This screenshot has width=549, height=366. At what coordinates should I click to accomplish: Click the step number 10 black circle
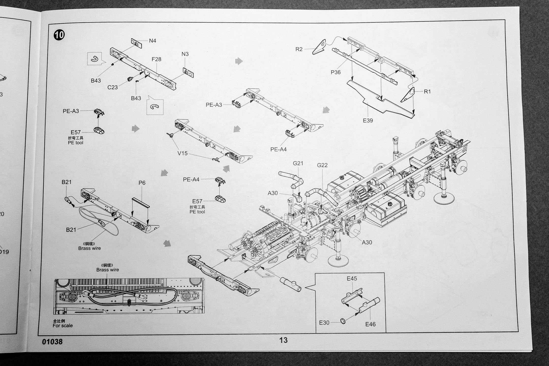[59, 35]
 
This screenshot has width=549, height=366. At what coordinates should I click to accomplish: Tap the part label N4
[152, 41]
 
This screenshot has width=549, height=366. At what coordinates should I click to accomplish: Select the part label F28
[156, 59]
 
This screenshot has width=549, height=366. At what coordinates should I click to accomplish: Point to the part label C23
[112, 87]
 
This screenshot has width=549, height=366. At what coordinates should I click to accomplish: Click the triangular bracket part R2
[320, 47]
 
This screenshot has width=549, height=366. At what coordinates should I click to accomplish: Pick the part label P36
[335, 72]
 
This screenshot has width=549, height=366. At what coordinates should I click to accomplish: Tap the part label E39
[368, 120]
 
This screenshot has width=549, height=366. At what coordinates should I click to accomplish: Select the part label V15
[182, 153]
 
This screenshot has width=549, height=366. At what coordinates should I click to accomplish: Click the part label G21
[298, 163]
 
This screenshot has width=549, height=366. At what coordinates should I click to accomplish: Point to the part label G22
[322, 165]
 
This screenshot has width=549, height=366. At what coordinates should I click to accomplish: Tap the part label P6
[142, 183]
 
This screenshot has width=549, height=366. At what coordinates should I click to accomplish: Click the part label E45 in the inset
[352, 279]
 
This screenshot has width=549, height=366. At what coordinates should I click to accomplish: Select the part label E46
[370, 324]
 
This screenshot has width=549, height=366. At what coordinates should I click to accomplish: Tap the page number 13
[283, 340]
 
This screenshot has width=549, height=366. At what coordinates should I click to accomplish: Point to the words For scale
[63, 326]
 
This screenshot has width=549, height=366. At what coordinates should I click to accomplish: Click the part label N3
[185, 54]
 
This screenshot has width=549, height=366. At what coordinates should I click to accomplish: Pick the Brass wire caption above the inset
[108, 270]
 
